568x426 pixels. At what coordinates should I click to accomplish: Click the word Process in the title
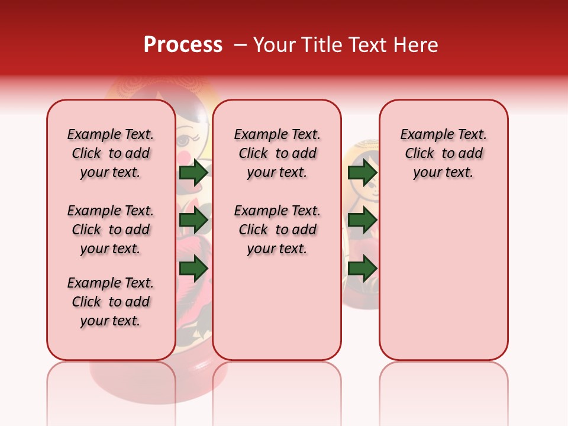tap(183, 45)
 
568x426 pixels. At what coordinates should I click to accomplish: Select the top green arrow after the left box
tap(193, 173)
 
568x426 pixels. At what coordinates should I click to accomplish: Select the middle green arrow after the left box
tap(193, 221)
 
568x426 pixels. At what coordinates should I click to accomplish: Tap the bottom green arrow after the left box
tap(193, 268)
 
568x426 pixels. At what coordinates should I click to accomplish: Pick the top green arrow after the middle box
tap(362, 173)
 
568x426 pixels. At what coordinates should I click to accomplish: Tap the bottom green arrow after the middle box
tap(362, 268)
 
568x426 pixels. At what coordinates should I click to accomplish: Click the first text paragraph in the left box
tap(111, 153)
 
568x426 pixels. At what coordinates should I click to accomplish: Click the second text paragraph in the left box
tap(111, 230)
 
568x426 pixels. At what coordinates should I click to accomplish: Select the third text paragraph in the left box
tap(111, 302)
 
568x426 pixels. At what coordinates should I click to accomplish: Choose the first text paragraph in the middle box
tap(277, 153)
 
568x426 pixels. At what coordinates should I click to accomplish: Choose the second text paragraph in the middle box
tap(277, 230)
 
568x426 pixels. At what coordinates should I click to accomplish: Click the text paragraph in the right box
tap(443, 153)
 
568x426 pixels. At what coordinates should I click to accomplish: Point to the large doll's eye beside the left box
tap(184, 141)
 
